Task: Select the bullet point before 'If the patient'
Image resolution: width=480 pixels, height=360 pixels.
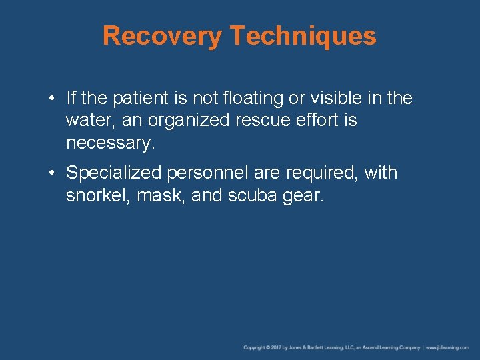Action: click(51, 99)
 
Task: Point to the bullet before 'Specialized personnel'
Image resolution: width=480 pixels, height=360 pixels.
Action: click(51, 173)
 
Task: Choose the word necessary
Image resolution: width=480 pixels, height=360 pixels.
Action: click(110, 143)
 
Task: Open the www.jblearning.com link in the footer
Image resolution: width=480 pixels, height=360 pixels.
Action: click(448, 348)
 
